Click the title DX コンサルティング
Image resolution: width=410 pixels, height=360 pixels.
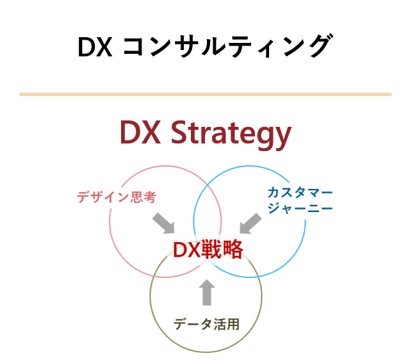(x=205, y=46)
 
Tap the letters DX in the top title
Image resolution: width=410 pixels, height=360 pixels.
(x=95, y=47)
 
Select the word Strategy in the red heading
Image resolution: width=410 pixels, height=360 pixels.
(x=231, y=135)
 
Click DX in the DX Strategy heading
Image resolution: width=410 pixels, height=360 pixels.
(x=140, y=132)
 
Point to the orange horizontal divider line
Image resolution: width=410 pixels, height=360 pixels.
(x=205, y=94)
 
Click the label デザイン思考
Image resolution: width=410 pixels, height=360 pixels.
(x=117, y=197)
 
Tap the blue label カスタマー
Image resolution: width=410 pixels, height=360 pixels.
(x=300, y=192)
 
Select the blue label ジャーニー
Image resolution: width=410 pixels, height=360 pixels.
(x=300, y=208)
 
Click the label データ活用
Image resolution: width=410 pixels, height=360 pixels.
(x=206, y=324)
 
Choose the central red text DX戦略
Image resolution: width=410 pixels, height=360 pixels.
(x=208, y=249)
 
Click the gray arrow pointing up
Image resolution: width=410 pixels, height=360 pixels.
(x=207, y=292)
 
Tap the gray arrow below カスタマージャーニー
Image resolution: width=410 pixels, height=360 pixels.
(x=250, y=224)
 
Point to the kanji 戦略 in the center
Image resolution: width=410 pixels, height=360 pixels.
(x=222, y=249)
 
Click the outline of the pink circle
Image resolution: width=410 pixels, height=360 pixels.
(x=110, y=222)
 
